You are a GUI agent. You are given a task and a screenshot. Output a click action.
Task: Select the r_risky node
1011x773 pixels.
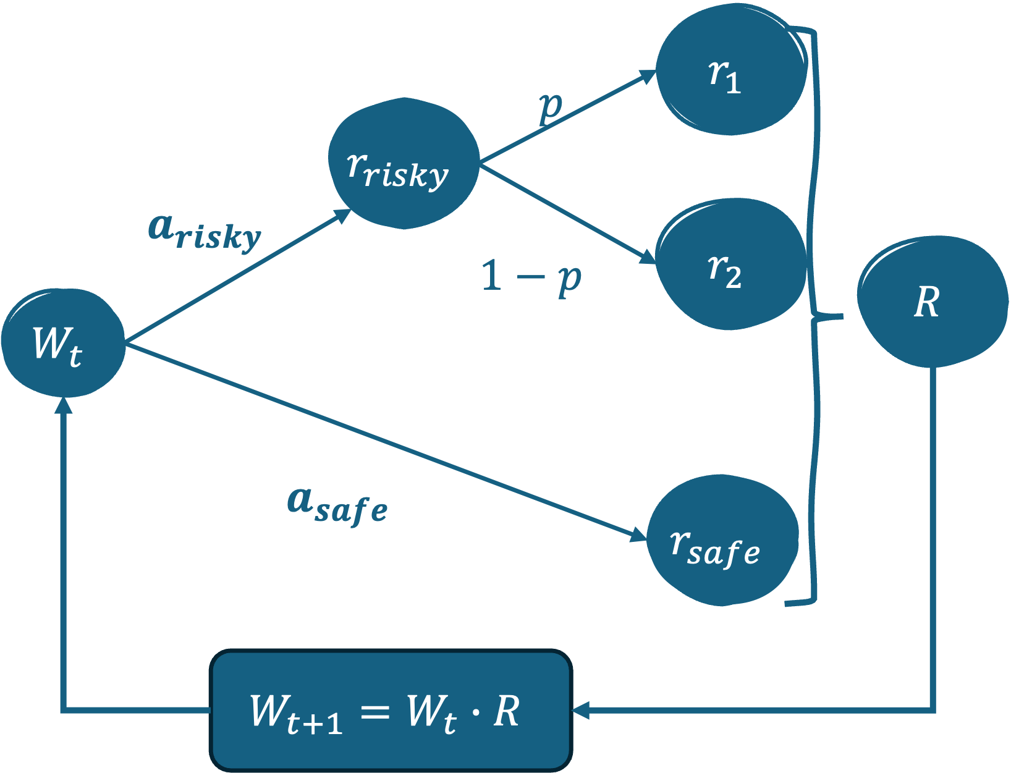404,164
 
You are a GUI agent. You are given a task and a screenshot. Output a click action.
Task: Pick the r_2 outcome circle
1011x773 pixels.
731,264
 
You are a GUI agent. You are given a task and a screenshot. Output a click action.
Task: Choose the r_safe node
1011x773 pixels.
722,541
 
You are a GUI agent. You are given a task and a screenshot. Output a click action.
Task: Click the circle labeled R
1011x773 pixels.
932,302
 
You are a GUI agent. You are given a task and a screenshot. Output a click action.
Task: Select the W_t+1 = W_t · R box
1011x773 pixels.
391,711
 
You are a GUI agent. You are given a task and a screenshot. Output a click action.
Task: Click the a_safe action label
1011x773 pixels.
337,505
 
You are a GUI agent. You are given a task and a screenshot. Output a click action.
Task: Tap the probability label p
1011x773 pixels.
551,108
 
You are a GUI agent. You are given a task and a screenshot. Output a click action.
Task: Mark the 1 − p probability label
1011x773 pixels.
531,277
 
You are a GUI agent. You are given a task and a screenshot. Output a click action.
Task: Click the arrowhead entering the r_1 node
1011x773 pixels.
648,76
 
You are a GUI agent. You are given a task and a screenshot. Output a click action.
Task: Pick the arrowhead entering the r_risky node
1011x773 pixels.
343,214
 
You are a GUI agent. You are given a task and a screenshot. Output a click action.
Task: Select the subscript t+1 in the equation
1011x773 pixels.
315,723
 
